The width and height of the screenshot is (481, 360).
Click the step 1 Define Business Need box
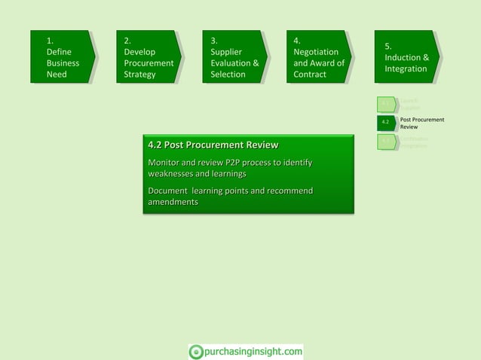[x=63, y=57]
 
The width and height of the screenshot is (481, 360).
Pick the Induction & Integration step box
[x=406, y=57]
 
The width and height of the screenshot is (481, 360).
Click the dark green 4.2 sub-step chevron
[x=386, y=122]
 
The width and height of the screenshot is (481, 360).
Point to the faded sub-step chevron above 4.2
[x=386, y=104]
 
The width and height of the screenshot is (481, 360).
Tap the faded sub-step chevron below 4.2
[x=386, y=141]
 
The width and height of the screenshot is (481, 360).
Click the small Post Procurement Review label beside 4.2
[x=421, y=123]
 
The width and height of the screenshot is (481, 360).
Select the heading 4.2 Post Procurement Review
[x=213, y=145]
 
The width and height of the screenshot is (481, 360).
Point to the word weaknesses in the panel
[x=171, y=174]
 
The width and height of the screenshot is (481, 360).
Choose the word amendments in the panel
[x=173, y=202]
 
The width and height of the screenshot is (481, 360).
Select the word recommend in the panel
[x=286, y=191]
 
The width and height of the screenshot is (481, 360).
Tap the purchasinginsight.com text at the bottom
[x=253, y=351]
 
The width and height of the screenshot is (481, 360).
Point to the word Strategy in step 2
[x=139, y=75]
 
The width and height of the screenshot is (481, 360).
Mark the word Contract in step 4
[x=310, y=75]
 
